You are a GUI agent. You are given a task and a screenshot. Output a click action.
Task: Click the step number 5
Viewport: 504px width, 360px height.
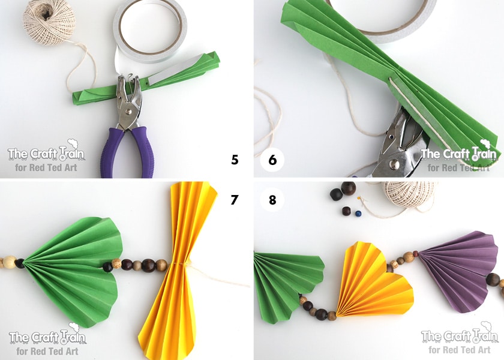pos(235,160)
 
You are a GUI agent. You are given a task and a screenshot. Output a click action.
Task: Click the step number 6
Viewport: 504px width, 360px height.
pos(272,160)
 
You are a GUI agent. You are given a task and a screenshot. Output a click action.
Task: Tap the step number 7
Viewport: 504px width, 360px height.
pos(235,200)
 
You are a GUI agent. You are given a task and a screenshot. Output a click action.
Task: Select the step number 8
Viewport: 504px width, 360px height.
pos(272,200)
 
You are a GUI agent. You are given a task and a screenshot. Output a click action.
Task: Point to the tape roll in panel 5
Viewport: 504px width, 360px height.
pos(150,31)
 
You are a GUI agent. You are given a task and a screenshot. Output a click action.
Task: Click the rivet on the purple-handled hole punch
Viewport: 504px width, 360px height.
pos(128,112)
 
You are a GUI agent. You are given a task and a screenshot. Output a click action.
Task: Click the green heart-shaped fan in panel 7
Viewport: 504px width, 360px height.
pos(74,270)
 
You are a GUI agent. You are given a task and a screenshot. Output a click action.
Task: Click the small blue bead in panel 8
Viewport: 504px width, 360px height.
pos(358,214)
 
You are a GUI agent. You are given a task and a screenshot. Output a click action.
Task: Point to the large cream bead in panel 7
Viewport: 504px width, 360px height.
pos(9,262)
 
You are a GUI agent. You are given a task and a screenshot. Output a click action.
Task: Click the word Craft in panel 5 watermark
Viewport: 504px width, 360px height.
pos(44,154)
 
